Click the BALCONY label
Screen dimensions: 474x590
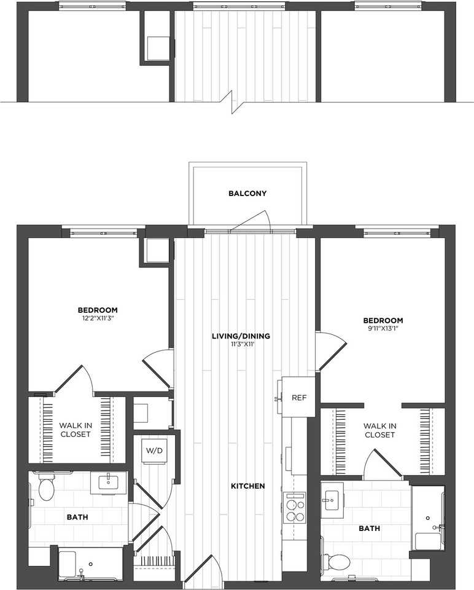tap(247, 194)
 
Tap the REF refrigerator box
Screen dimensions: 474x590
tap(298, 397)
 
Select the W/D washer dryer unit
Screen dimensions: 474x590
tap(154, 450)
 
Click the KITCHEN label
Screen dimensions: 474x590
tap(247, 486)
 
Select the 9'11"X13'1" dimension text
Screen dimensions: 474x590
tap(383, 328)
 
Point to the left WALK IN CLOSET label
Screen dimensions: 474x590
tap(75, 430)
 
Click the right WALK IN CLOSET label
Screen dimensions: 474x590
tap(379, 430)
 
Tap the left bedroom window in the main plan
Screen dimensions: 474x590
tap(103, 232)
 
